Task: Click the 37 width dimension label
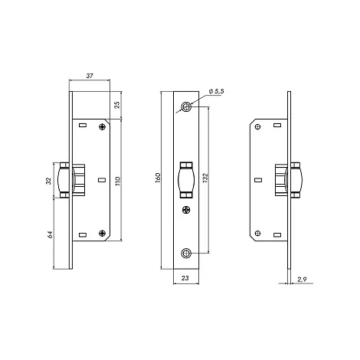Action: (x=90, y=76)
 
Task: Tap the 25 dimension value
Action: (x=117, y=105)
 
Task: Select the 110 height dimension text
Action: (x=118, y=181)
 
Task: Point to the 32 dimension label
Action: (x=48, y=181)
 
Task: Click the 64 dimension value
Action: (x=50, y=234)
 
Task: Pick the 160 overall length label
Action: (x=158, y=178)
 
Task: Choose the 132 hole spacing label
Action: (x=205, y=178)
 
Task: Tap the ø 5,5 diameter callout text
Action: (x=216, y=91)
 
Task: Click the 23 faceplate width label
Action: (x=185, y=278)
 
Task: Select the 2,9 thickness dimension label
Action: (x=302, y=280)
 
